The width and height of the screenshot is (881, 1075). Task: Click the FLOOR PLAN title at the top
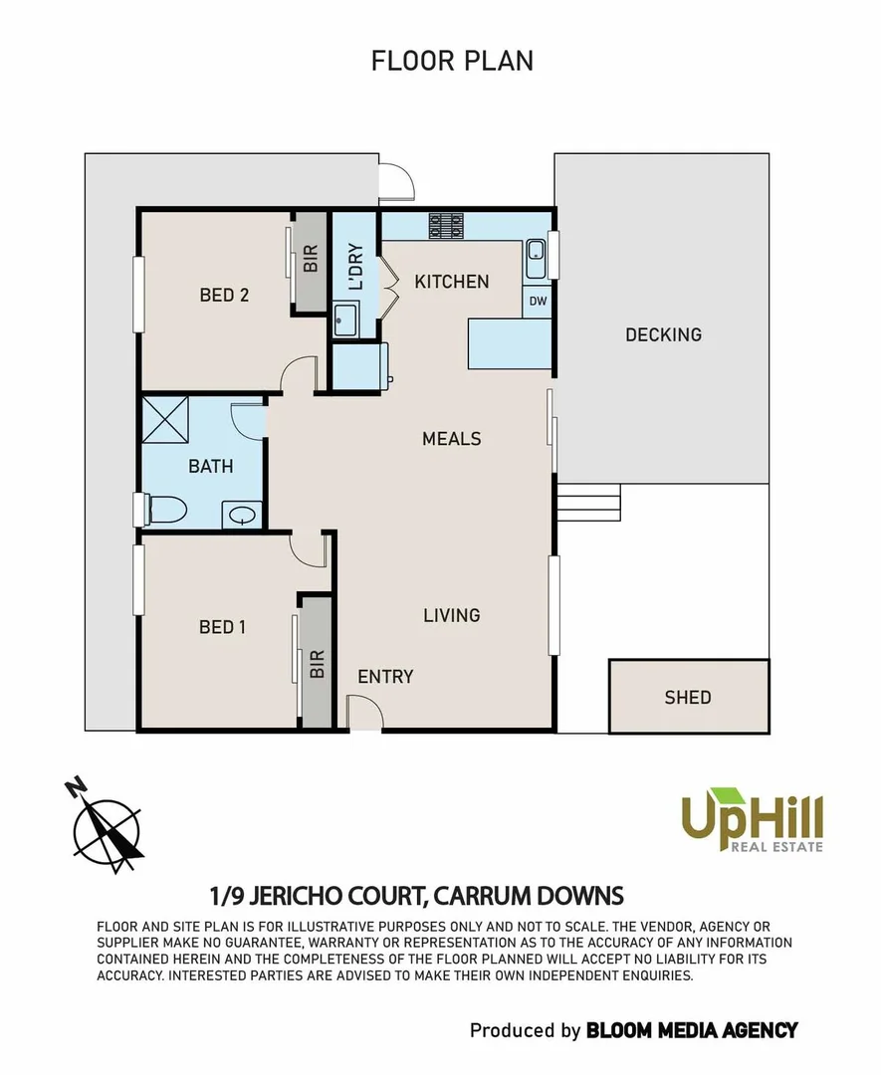click(452, 60)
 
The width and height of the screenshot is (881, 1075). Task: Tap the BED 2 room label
click(224, 295)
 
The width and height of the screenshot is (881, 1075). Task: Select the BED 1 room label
click(222, 626)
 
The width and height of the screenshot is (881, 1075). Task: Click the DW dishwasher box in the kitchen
click(538, 301)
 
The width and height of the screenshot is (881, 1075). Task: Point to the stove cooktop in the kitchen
click(447, 226)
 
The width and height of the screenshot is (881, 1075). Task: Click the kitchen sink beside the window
click(536, 259)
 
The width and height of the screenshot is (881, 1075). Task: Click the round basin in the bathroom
click(242, 516)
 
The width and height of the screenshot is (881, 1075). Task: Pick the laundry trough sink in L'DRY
click(345, 318)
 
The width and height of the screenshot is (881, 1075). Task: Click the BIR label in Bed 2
click(311, 260)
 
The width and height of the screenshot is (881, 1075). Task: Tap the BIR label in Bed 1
click(317, 664)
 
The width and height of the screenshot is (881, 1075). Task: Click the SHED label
click(688, 697)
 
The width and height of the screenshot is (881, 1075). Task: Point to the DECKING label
click(663, 334)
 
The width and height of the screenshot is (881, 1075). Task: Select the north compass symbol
click(107, 825)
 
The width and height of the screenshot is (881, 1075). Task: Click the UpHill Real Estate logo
click(752, 819)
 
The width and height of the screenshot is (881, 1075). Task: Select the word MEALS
click(451, 439)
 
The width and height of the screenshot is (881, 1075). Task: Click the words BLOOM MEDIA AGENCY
click(692, 1029)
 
